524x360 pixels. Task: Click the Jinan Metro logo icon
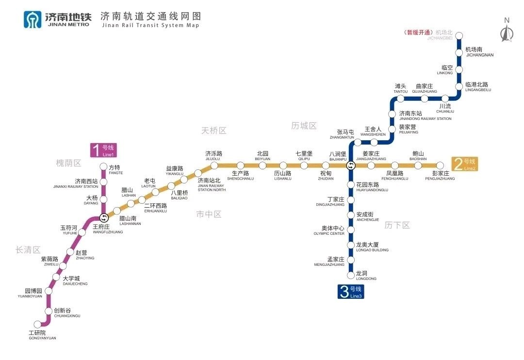33,19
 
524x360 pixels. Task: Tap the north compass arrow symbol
507,33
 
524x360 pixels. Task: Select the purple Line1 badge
104,150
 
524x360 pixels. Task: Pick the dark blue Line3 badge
351,292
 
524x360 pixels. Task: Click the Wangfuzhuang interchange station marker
103,218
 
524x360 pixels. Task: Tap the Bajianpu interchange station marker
350,165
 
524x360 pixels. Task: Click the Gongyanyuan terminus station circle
38,325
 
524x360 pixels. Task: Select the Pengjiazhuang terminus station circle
440,165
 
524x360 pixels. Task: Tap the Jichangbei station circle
458,35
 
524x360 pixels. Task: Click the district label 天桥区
214,131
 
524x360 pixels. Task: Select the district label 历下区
397,225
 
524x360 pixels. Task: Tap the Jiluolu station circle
214,166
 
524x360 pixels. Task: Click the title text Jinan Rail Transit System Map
150,25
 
